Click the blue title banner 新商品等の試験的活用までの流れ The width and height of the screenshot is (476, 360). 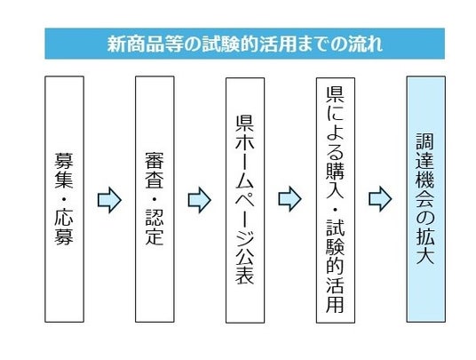[245, 44]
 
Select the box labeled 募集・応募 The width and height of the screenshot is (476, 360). [64, 199]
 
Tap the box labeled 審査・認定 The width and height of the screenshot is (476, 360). [155, 199]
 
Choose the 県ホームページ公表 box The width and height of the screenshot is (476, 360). [245, 200]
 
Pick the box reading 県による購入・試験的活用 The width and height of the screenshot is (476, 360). [336, 200]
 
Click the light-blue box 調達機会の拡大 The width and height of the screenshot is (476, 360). [426, 199]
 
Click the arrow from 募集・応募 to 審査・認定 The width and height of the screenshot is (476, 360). [109, 200]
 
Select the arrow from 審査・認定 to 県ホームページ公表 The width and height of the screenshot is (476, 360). [200, 200]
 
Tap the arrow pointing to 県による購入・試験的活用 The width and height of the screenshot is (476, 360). [290, 199]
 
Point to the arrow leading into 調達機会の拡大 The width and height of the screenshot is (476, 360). [380, 199]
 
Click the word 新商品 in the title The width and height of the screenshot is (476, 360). [136, 44]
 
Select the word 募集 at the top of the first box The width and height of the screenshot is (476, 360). [64, 170]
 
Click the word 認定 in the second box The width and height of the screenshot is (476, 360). [155, 227]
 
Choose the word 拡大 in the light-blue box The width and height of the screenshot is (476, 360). [425, 245]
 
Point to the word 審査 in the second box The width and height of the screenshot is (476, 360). [155, 170]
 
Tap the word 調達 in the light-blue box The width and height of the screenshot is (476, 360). [425, 151]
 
